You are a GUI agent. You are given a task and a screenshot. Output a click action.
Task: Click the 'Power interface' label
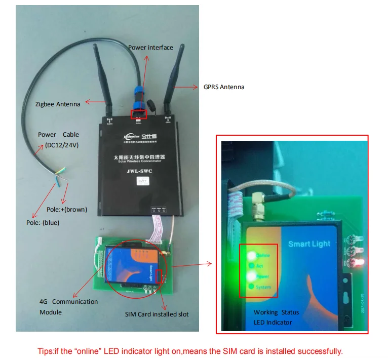click(x=150, y=47)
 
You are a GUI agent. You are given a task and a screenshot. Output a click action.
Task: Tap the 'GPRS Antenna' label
click(x=224, y=87)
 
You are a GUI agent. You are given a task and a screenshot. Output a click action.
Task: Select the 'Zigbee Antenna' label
click(x=58, y=104)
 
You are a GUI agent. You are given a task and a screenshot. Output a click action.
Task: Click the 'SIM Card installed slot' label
click(x=157, y=314)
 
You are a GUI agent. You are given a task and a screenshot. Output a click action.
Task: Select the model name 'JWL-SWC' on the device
click(x=139, y=172)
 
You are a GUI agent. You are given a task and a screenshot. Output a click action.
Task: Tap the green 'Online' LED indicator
click(x=251, y=255)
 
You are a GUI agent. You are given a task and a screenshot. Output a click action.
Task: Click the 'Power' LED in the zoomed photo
click(x=251, y=276)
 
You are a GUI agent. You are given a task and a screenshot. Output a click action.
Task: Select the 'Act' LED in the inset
click(x=251, y=265)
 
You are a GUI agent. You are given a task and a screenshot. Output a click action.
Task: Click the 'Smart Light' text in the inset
click(x=309, y=244)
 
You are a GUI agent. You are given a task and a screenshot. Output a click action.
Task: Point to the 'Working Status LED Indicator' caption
click(x=276, y=317)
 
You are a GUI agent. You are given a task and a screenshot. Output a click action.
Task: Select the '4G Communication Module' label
click(x=68, y=307)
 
